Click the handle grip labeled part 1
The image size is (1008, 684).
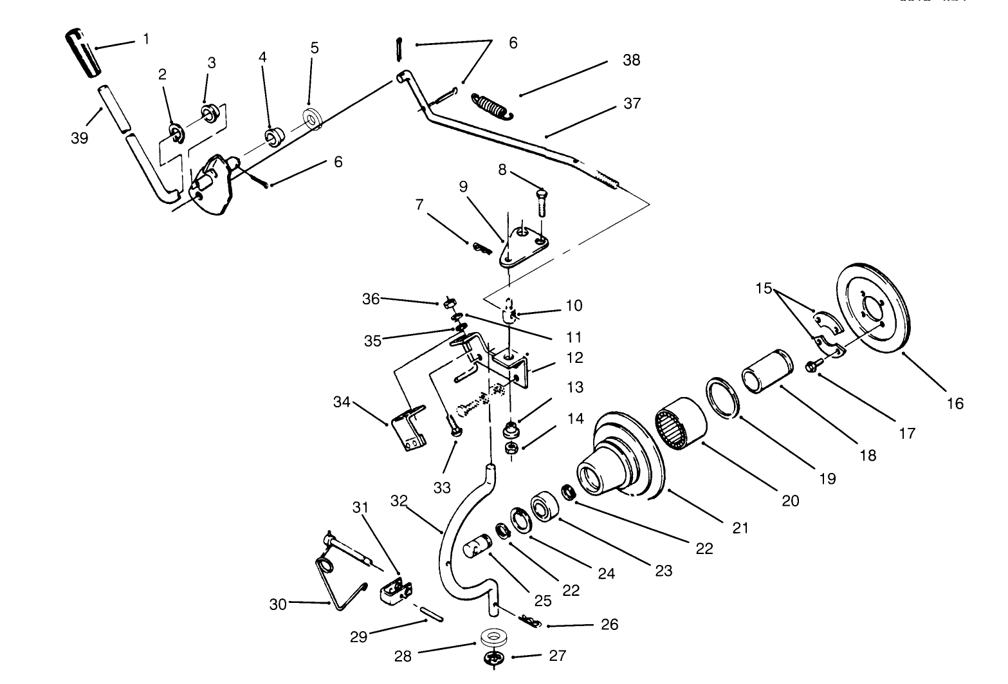(82, 52)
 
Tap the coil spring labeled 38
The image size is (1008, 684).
(491, 106)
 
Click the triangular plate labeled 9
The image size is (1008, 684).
(524, 248)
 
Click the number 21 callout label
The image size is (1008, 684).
(740, 528)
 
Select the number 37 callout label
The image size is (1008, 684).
(632, 103)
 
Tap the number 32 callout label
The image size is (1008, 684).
(399, 501)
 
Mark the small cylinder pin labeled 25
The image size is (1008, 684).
(477, 551)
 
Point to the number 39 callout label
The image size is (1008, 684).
(80, 138)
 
